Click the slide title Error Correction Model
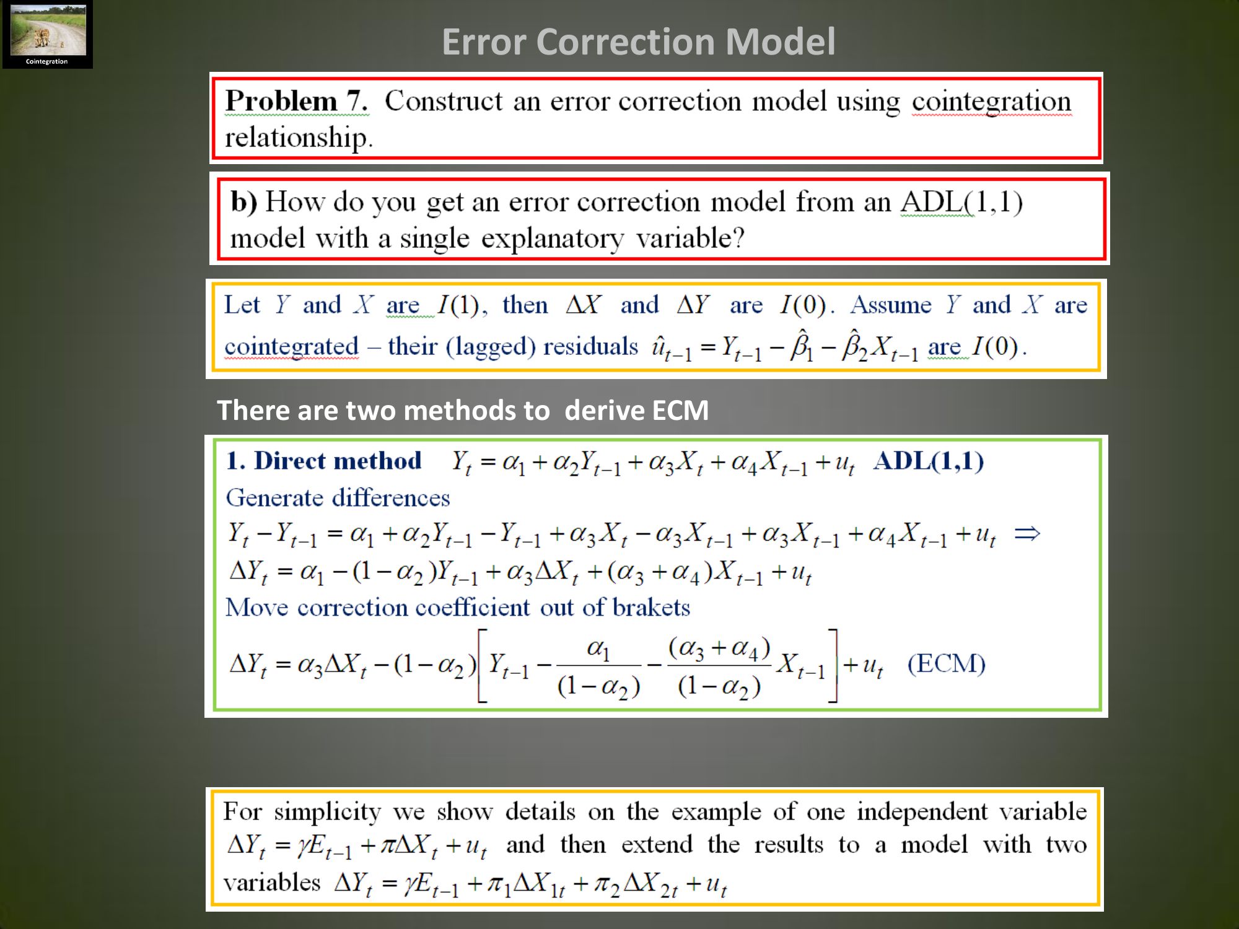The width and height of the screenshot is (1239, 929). pyautogui.click(x=639, y=42)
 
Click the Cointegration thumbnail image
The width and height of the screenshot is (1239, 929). pyautogui.click(x=48, y=35)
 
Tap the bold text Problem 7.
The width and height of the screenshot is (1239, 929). pyautogui.click(x=297, y=101)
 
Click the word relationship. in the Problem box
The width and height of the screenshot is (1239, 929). pyautogui.click(x=299, y=137)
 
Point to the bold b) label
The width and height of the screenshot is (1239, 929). pyautogui.click(x=243, y=203)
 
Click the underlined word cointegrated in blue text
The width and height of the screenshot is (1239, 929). pyautogui.click(x=291, y=346)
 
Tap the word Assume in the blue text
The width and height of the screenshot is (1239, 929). pyautogui.click(x=890, y=305)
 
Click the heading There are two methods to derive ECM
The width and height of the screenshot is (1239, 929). pyautogui.click(x=463, y=411)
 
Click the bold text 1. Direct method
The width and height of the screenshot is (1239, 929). pyautogui.click(x=324, y=461)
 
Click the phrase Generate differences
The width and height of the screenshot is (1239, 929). pyautogui.click(x=338, y=498)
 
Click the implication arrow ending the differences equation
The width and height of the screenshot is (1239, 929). pyautogui.click(x=1027, y=533)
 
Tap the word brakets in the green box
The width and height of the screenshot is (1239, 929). pyautogui.click(x=651, y=608)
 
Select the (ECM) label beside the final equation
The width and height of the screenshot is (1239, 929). pyautogui.click(x=946, y=664)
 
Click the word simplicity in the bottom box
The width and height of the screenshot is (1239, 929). pyautogui.click(x=327, y=812)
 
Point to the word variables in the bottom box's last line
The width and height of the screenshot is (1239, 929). pyautogui.click(x=272, y=883)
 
